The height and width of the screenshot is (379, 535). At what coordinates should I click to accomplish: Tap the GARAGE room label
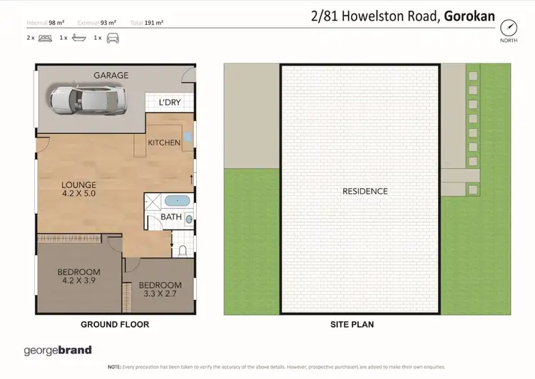[111, 75]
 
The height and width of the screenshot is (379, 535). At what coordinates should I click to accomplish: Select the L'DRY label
[170, 103]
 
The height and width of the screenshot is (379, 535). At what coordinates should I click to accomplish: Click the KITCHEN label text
[164, 142]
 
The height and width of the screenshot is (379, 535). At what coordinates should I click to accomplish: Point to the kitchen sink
[187, 135]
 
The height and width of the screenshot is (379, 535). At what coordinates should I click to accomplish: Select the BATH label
[171, 217]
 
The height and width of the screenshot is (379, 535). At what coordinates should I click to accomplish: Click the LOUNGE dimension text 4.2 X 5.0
[78, 192]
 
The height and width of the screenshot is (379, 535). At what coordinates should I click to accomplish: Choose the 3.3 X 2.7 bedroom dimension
[160, 294]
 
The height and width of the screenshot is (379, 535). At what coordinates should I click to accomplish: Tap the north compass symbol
[509, 28]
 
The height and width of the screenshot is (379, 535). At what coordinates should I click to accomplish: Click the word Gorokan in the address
[469, 15]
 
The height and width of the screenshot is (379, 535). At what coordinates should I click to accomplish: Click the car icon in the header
[112, 37]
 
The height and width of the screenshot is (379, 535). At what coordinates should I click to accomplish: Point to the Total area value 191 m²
[152, 23]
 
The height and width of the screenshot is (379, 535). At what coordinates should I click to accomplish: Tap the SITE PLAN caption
[352, 324]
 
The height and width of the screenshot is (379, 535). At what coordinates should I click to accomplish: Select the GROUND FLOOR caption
[115, 324]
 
